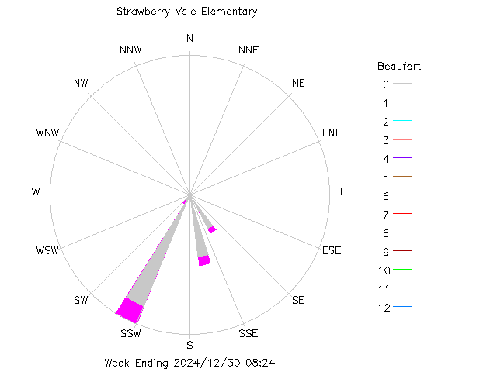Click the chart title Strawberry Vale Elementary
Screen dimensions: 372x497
(186, 12)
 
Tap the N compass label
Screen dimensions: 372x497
(189, 39)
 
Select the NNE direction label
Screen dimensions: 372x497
(248, 50)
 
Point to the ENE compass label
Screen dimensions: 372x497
(332, 133)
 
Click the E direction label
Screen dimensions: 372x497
(343, 191)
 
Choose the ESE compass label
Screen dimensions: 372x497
(331, 250)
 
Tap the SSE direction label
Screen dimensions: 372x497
(248, 334)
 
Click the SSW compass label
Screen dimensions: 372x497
(130, 334)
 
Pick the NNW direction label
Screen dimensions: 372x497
(130, 50)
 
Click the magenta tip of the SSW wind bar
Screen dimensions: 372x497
(130, 311)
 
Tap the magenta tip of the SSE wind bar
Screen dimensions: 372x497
(205, 260)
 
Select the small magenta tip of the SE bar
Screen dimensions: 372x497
(212, 229)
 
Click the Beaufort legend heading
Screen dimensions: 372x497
(399, 66)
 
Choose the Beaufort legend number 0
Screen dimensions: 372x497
(385, 84)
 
